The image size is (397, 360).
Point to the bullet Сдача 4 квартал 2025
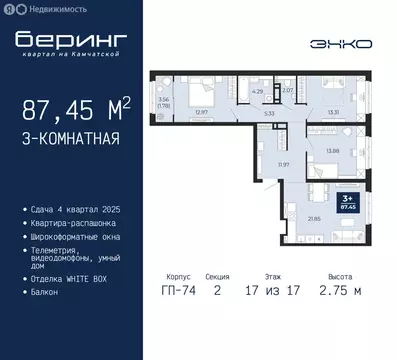[x=74, y=209]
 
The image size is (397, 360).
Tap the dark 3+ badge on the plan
[x=348, y=204]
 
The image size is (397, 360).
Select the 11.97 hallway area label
[x=252, y=163]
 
